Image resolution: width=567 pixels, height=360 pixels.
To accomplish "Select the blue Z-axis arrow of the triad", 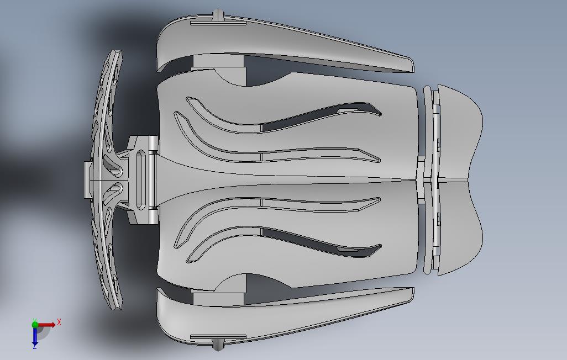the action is click(x=35, y=335).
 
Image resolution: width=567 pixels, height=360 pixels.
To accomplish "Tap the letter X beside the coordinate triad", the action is click(x=59, y=322).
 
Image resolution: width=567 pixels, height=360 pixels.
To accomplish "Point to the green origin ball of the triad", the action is click(x=35, y=324).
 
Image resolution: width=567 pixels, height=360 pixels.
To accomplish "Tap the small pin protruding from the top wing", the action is click(x=217, y=15).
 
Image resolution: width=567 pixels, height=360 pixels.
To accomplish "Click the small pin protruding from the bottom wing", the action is click(x=217, y=344).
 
